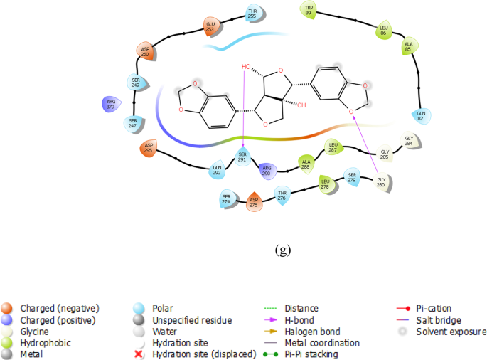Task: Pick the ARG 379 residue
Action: click(x=109, y=104)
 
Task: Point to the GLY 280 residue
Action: click(x=381, y=182)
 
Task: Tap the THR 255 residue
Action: click(x=252, y=13)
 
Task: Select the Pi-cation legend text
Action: click(x=436, y=308)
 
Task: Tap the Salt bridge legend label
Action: click(x=440, y=319)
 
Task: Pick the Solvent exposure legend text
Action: click(x=451, y=331)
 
